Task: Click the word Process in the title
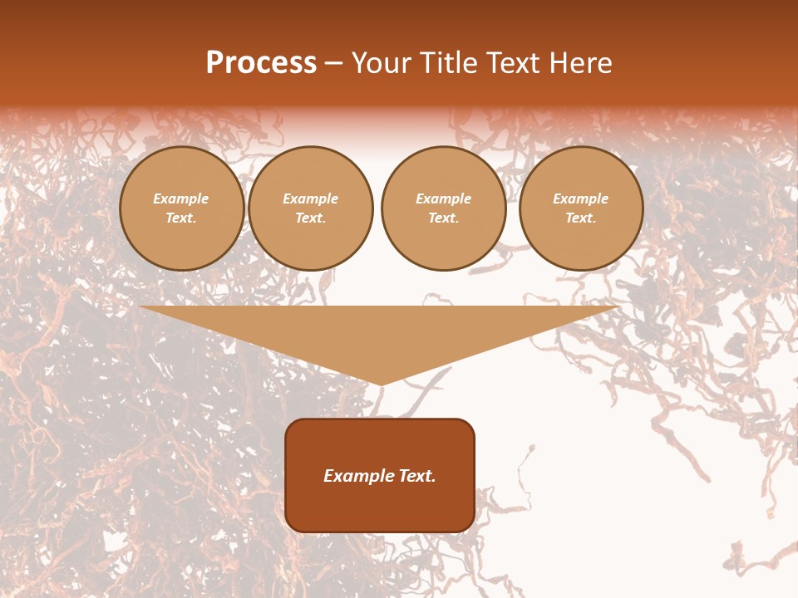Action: click(x=261, y=63)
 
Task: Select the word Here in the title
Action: click(x=580, y=63)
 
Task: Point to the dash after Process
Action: click(x=334, y=64)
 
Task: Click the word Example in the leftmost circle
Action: click(x=181, y=199)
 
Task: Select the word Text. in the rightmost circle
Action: click(x=580, y=218)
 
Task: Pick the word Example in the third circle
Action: click(x=443, y=199)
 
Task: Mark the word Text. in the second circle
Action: click(x=310, y=218)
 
